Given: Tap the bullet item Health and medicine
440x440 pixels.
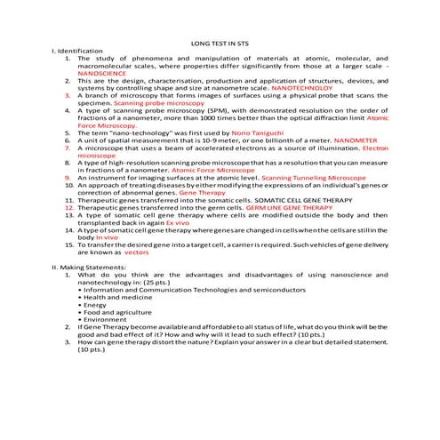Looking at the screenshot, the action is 118,297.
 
